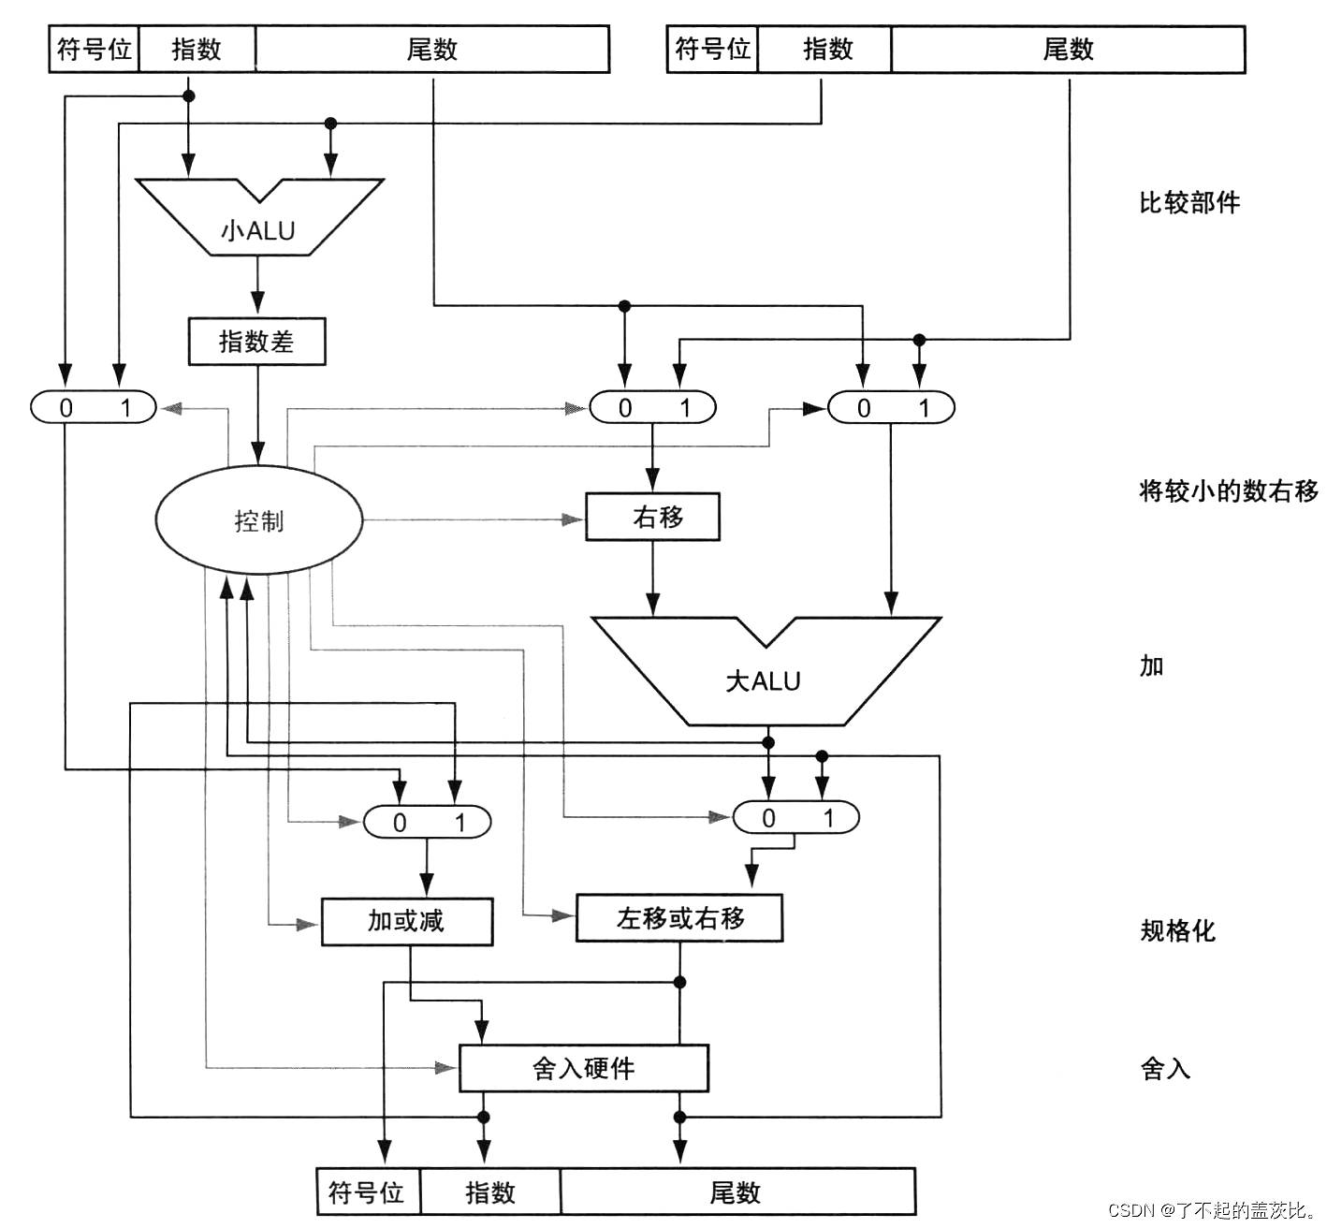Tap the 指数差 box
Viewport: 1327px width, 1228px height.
(257, 342)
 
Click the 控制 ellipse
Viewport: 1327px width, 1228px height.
(258, 519)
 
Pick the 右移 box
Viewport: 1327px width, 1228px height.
(652, 517)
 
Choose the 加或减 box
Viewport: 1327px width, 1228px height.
(406, 921)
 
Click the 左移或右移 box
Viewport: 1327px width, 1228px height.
(679, 918)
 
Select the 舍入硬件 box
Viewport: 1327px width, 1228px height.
(583, 1068)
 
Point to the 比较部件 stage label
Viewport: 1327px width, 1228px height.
(1188, 203)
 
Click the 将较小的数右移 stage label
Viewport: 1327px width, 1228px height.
(1228, 490)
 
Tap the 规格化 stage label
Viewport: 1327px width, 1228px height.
(1177, 930)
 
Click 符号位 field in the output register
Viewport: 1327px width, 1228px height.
(368, 1191)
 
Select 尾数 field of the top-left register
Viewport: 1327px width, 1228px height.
(431, 50)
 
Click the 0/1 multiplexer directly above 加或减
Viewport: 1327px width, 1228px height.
(428, 822)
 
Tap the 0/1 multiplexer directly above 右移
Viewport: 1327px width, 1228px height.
(652, 407)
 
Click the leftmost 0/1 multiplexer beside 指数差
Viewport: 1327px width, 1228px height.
(94, 407)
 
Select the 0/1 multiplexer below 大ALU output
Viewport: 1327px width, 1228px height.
(795, 817)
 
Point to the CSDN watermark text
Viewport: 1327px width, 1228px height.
(1213, 1209)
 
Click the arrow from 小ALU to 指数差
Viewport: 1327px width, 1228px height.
(258, 285)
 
